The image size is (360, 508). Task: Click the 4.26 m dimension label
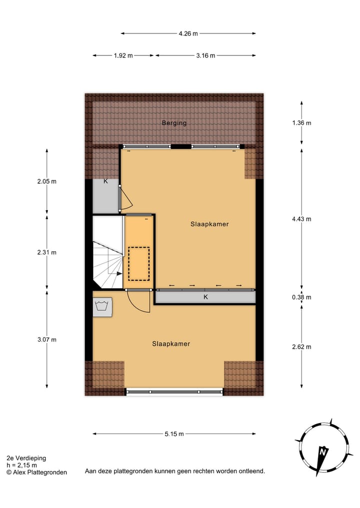pos(188,33)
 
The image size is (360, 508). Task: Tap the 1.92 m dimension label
pos(123,55)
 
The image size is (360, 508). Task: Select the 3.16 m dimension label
pos(205,55)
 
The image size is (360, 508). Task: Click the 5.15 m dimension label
pos(174,434)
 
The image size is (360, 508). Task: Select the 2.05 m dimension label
pos(47,181)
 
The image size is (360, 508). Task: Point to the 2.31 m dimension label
pos(47,252)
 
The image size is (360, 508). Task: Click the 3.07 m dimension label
pos(47,340)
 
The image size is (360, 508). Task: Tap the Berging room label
pos(174,123)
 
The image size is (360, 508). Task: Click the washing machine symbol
pos(103,306)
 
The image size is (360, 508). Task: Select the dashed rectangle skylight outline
pos(139,263)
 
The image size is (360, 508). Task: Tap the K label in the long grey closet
pos(205,297)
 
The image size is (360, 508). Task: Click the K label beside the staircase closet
pos(105,181)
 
